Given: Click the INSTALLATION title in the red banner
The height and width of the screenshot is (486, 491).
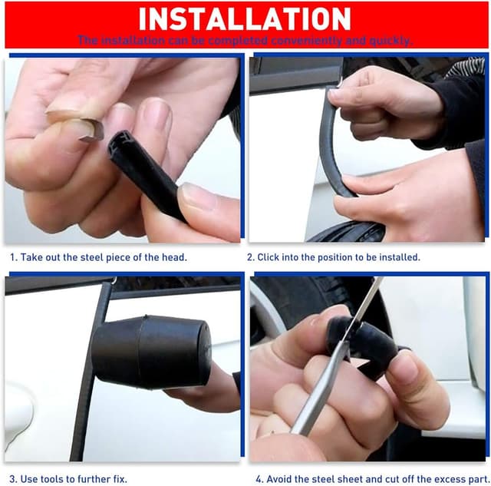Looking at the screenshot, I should click(x=245, y=18).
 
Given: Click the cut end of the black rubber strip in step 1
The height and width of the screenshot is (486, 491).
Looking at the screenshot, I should click(x=124, y=147).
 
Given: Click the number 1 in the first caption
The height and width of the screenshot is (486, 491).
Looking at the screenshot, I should click(x=12, y=258).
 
